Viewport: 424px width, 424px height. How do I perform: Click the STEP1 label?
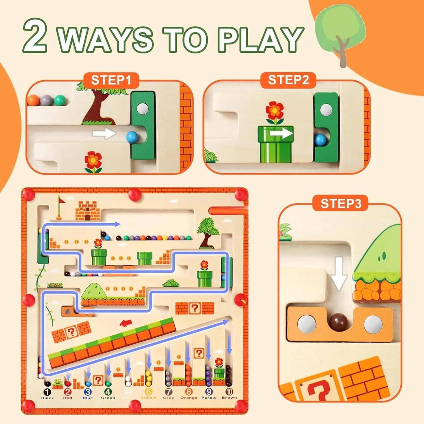coord(111,80)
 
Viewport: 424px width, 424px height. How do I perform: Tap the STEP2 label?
coord(288,80)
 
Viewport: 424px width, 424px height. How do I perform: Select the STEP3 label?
coord(341,203)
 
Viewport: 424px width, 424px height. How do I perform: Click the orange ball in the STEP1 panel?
coord(33,100)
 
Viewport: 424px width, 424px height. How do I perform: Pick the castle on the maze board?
coord(88,211)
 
